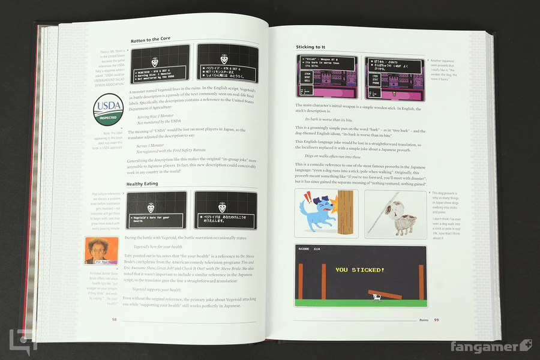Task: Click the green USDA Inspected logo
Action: (108, 112)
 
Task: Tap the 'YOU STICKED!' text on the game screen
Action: (359, 270)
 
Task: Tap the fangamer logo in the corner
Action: (499, 347)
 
